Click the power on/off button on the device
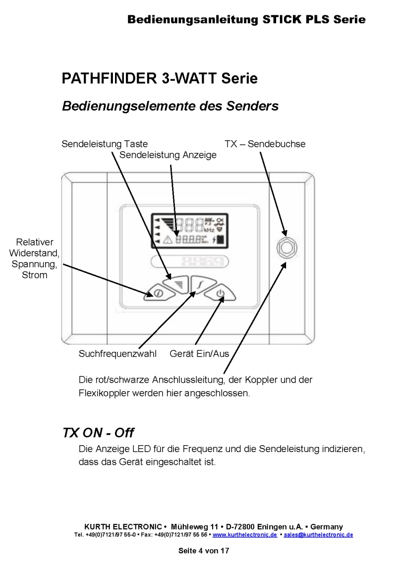point(220,294)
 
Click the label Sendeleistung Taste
point(104,144)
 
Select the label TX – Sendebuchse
point(265,144)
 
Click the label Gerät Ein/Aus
point(199,353)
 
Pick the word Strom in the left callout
point(35,275)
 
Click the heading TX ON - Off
point(98,433)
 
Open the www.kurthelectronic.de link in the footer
point(245,535)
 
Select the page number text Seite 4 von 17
point(204,551)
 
